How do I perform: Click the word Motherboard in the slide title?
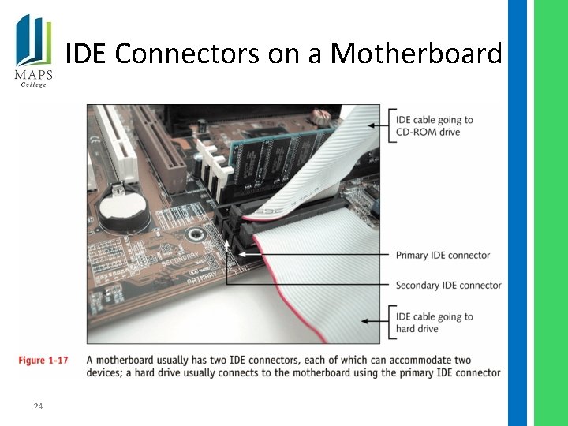point(417,54)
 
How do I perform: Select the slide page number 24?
point(38,406)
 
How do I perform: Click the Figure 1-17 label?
point(43,361)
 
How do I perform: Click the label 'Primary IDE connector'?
point(443,256)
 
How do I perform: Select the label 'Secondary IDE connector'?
point(448,286)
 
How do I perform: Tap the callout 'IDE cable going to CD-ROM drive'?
point(434,126)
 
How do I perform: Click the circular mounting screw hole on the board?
point(192,234)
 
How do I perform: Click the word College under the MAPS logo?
point(33,85)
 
